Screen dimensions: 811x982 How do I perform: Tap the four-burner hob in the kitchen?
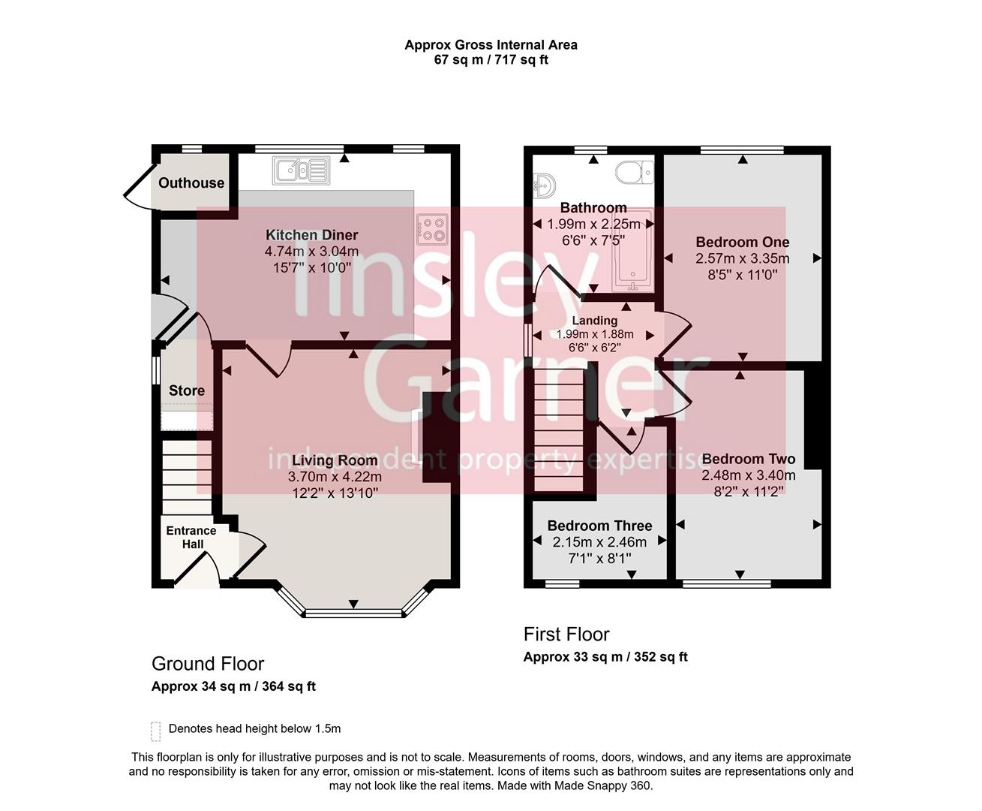coord(433,228)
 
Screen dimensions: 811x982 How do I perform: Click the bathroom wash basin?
coord(542,184)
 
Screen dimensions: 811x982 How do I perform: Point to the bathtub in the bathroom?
coord(634,252)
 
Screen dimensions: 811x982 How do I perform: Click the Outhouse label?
coord(191,183)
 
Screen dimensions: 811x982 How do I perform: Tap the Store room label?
coord(187,390)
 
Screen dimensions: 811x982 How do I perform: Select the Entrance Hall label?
coord(191,537)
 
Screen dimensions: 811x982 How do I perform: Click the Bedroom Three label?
coord(599,526)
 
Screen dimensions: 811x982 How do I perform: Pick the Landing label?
coord(595,321)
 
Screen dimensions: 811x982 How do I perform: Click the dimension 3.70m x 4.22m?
coord(335,477)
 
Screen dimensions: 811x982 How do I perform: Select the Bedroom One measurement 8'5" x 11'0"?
coord(742,275)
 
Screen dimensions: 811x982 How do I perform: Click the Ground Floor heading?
coord(208,664)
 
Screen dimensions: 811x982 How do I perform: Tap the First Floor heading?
coord(566,635)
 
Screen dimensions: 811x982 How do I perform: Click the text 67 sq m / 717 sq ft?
coord(491,60)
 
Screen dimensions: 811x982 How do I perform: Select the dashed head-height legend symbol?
coord(156,730)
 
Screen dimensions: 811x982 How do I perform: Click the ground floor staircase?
coord(187,477)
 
